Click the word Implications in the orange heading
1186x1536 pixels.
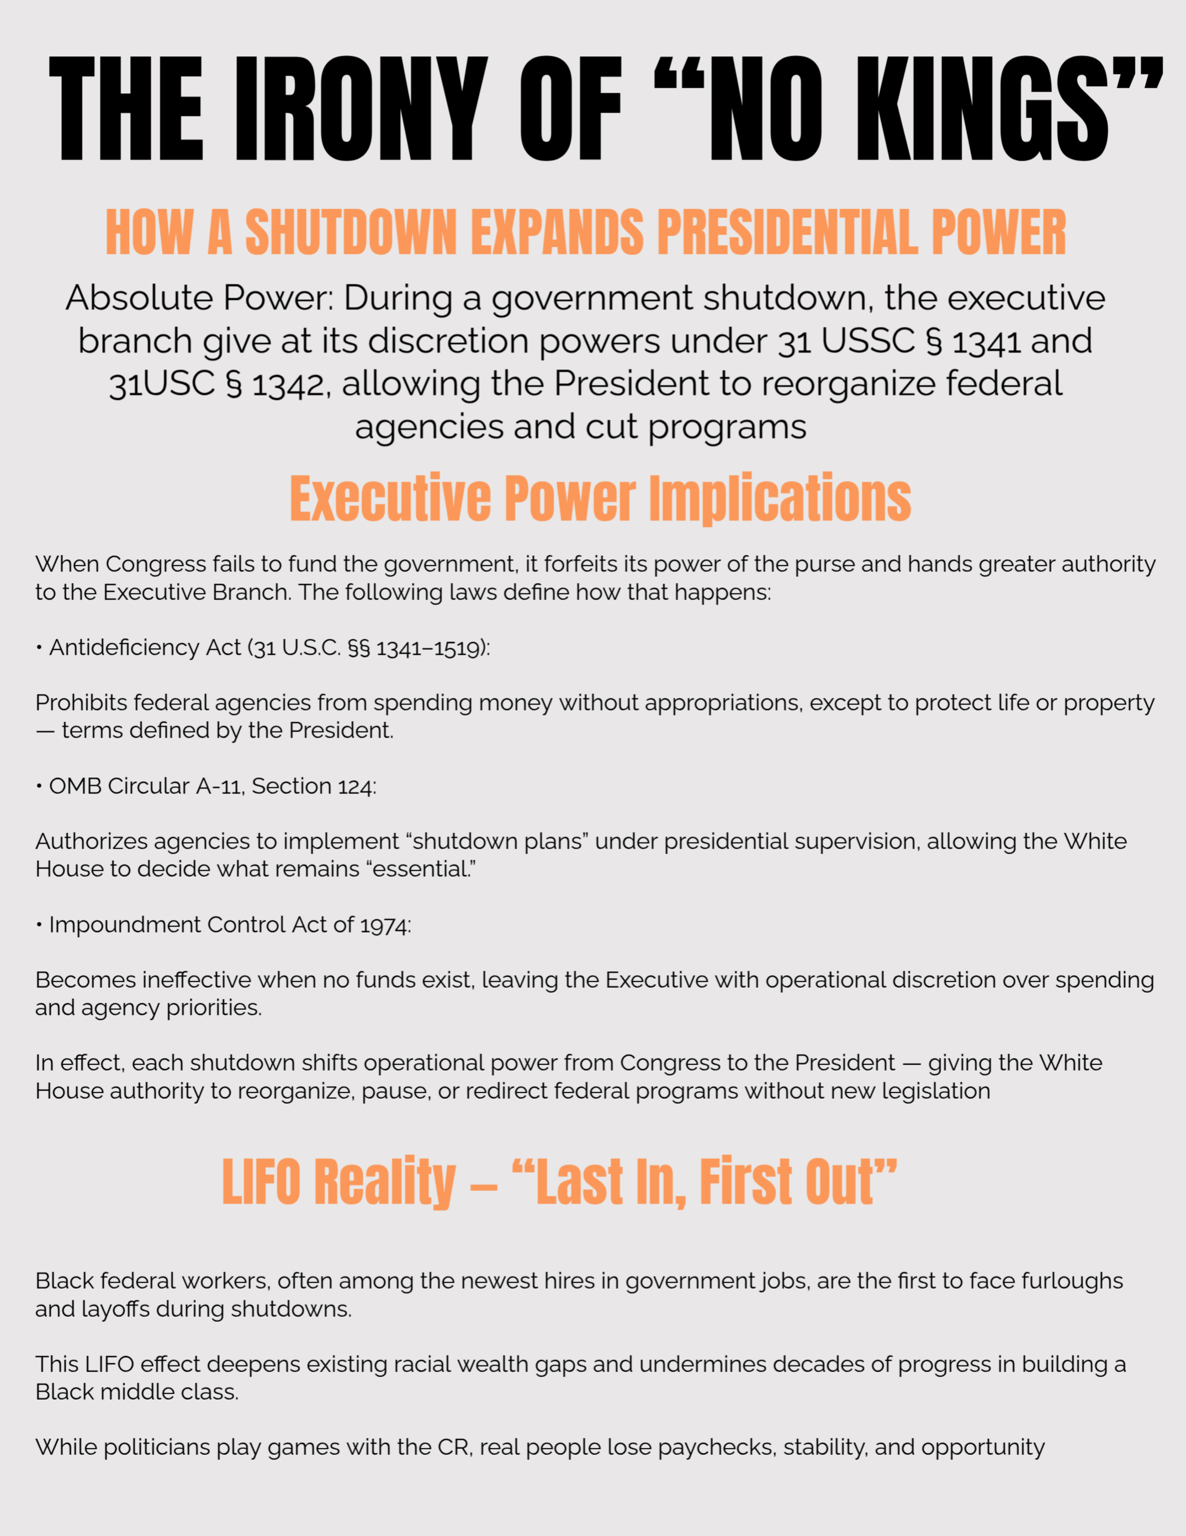(780, 498)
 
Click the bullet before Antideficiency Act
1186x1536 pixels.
(39, 648)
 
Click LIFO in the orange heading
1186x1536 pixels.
(261, 1182)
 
